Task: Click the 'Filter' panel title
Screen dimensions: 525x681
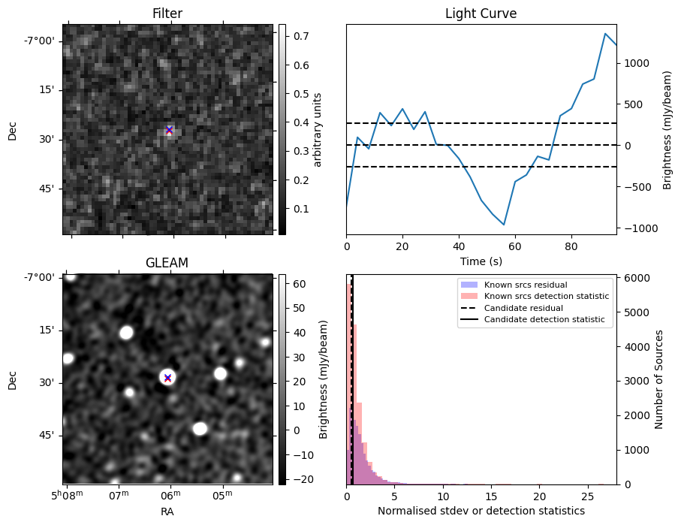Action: pos(167,14)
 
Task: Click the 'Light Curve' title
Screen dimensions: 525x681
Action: pos(481,14)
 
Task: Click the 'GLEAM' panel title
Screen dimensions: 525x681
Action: pos(167,262)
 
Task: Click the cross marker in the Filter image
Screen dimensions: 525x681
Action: pos(169,130)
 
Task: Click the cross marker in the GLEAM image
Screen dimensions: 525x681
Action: pos(167,378)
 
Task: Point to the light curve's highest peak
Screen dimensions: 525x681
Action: pos(605,34)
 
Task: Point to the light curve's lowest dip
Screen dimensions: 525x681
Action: pos(504,225)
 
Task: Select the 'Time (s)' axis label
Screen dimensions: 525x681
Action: pos(481,261)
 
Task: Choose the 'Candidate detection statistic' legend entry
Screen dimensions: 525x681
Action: pos(544,320)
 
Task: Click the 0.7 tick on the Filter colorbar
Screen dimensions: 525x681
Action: pos(299,36)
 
